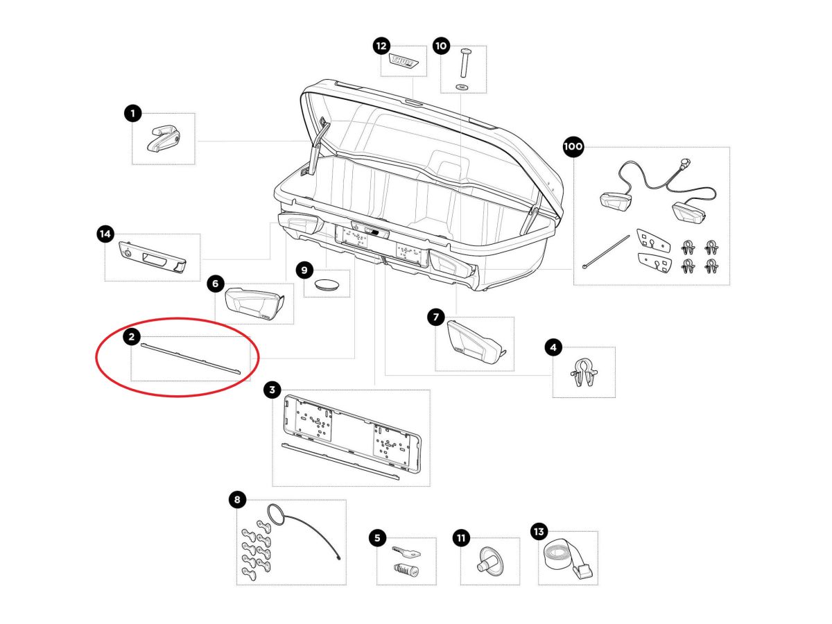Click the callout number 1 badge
[132, 113]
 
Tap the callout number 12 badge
[381, 46]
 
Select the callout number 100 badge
[573, 147]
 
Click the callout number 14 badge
[105, 234]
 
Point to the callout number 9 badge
[304, 270]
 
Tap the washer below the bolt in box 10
[462, 87]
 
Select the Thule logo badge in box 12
[404, 62]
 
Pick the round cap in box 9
[326, 284]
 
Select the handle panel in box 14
[153, 258]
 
